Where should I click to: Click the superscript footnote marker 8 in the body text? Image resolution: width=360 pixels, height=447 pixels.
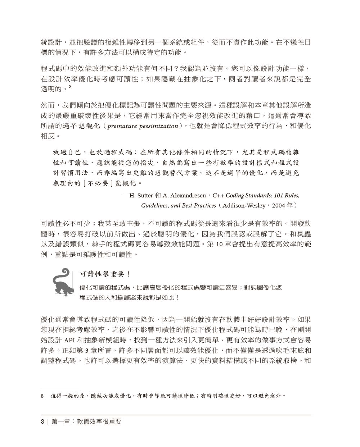(x=70, y=87)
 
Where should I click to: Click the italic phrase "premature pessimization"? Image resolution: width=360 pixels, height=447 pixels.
(x=143, y=126)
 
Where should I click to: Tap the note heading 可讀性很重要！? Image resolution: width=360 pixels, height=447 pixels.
(x=105, y=274)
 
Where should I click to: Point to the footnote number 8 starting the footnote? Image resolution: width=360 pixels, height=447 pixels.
(x=42, y=396)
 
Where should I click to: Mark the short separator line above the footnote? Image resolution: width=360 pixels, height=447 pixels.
(x=60, y=390)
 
